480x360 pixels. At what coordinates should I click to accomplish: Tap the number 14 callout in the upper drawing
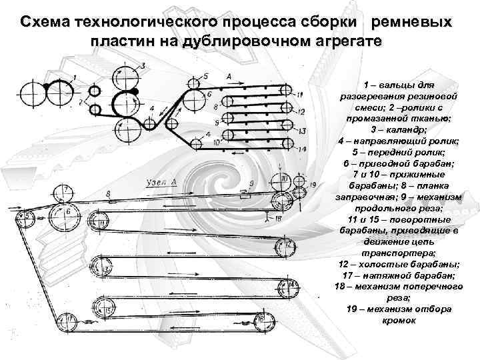coord(303,149)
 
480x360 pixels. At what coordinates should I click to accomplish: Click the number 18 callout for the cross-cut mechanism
coord(278,218)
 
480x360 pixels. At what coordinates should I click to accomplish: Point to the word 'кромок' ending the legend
coord(399,320)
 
